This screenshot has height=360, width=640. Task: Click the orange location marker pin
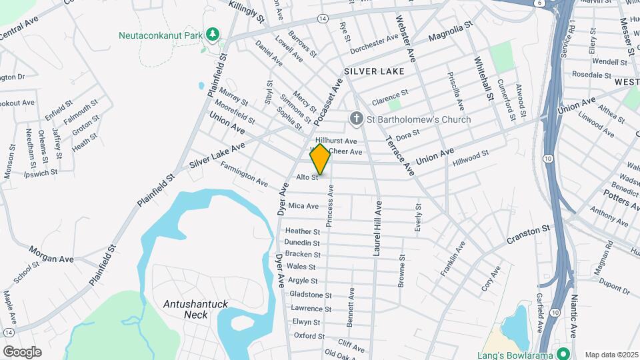321,159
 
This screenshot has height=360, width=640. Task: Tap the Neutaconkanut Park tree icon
213,33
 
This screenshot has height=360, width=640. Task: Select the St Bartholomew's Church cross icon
357,119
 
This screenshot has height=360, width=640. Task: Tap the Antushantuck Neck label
196,309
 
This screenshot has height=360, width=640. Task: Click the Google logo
22,352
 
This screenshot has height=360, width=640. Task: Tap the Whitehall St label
483,77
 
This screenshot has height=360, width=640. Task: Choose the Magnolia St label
450,31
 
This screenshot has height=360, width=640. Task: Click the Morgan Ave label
51,254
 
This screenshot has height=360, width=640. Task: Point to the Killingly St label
246,12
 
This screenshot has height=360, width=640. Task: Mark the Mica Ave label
303,206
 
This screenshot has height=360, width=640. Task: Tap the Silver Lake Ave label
217,155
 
